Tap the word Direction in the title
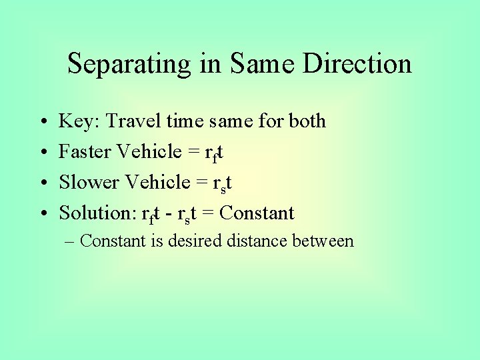pos(357,64)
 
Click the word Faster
pos(85,152)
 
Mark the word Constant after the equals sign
pos(257,213)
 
